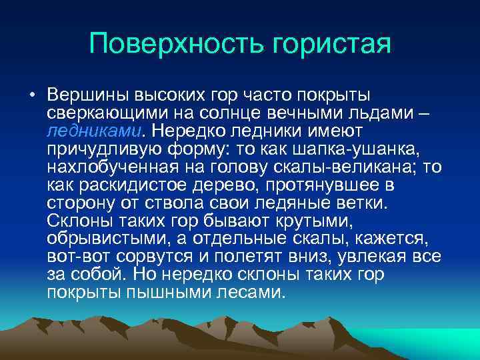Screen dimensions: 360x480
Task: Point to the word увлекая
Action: (369, 256)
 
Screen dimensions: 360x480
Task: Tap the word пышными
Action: (157, 292)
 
